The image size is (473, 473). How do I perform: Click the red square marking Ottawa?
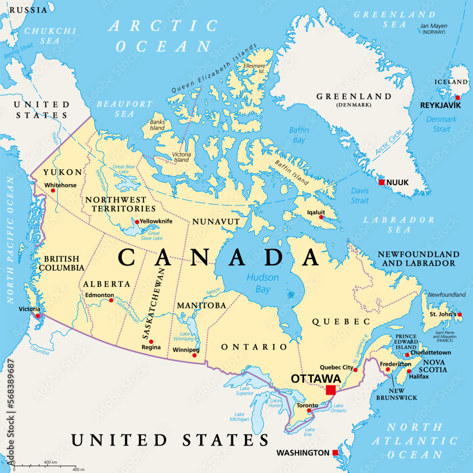point(331,390)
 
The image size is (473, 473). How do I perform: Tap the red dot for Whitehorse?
point(53,191)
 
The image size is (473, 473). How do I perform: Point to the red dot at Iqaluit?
point(321,217)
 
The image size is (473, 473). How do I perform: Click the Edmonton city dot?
point(111,300)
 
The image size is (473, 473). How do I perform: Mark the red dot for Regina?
point(151,341)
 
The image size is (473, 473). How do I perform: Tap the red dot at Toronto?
point(309,411)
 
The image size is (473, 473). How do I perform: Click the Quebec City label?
point(336,367)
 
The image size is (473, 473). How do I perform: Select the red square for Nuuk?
point(382,182)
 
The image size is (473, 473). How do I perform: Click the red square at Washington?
point(335,453)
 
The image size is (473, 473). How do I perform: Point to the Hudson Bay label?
point(263,282)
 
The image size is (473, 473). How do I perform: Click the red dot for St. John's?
point(459,314)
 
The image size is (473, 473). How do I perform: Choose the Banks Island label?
point(157,125)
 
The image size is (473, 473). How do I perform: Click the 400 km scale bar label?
point(50,462)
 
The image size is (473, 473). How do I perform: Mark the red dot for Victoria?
point(38,315)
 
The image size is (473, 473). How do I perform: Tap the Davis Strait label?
point(359,195)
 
